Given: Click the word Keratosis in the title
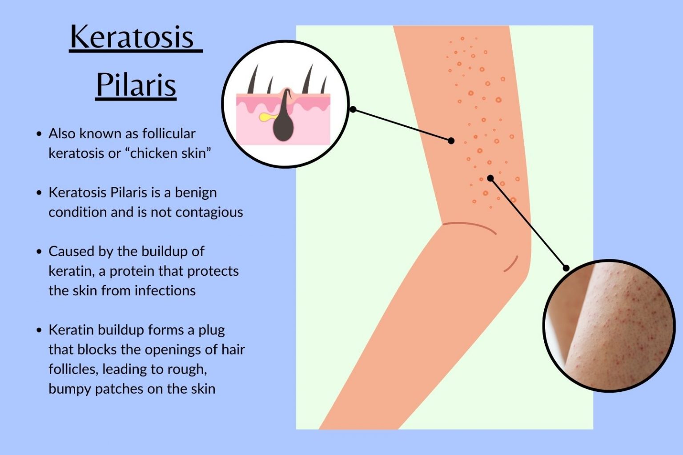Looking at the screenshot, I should [x=132, y=37].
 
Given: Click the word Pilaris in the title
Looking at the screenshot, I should [x=136, y=85].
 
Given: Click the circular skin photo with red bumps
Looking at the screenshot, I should [x=609, y=326].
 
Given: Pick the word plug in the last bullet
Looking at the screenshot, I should [x=212, y=330].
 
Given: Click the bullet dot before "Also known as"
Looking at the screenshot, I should [x=40, y=134].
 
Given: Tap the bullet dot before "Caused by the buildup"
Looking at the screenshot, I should [x=40, y=252].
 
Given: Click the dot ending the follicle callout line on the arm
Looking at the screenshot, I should [x=451, y=141].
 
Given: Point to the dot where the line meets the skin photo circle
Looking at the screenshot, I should [x=566, y=268].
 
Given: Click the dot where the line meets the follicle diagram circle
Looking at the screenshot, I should [x=353, y=109].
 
